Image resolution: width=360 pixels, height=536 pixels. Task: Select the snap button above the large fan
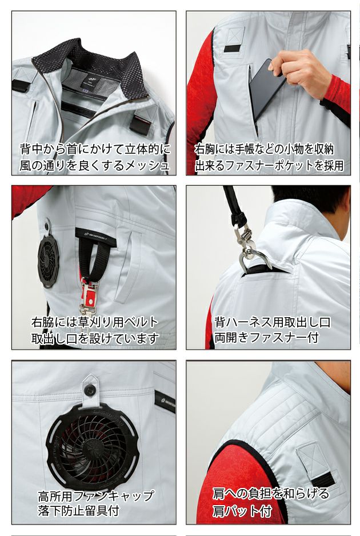click(x=89, y=389)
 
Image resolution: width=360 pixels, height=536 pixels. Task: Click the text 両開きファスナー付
click(x=266, y=338)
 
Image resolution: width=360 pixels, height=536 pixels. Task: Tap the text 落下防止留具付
click(x=81, y=510)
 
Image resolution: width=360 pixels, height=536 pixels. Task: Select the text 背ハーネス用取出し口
click(x=272, y=322)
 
